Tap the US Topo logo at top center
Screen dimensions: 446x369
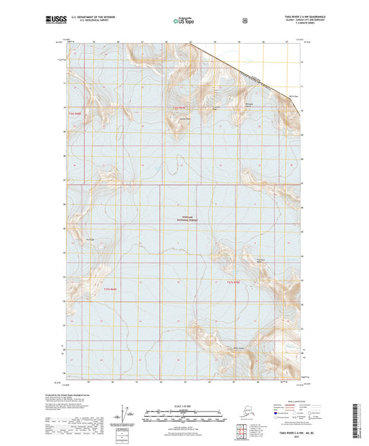183,21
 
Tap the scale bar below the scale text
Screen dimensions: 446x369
185,416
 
